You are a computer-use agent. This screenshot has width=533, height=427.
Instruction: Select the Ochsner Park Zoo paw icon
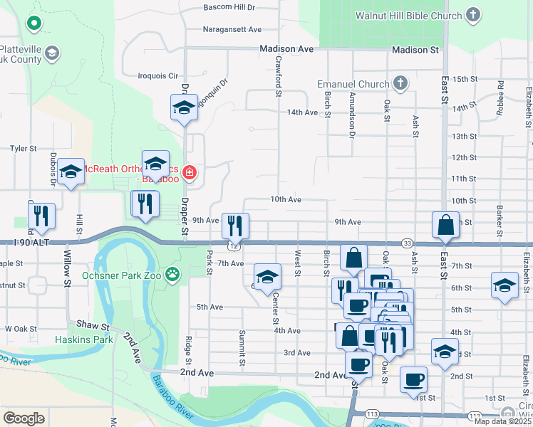172,274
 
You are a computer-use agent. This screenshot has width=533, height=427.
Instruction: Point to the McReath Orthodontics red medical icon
189,172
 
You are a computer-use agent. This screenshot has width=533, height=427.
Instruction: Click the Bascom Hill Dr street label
229,7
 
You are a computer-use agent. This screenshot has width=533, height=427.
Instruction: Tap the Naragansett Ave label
233,29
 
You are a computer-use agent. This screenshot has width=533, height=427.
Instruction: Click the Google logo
24,418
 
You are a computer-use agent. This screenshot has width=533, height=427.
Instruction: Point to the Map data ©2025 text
502,421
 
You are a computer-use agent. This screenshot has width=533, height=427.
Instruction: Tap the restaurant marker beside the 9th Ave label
235,226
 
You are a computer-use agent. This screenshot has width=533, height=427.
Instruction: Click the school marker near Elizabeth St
505,286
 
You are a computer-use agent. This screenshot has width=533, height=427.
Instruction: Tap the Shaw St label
92,325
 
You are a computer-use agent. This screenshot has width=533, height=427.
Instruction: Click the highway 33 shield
406,243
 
